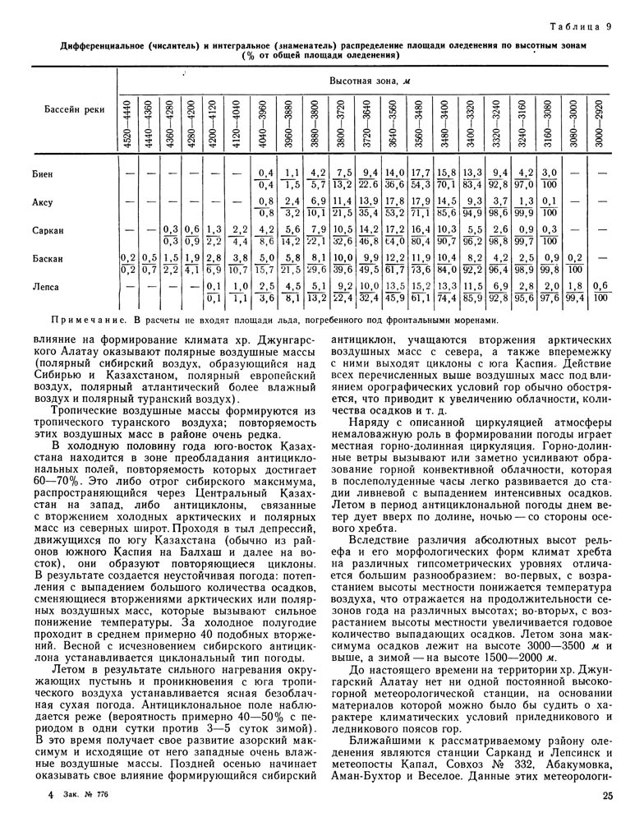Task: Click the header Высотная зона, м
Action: point(365,82)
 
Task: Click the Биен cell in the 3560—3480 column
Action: point(420,178)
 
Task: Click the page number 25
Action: point(607,794)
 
